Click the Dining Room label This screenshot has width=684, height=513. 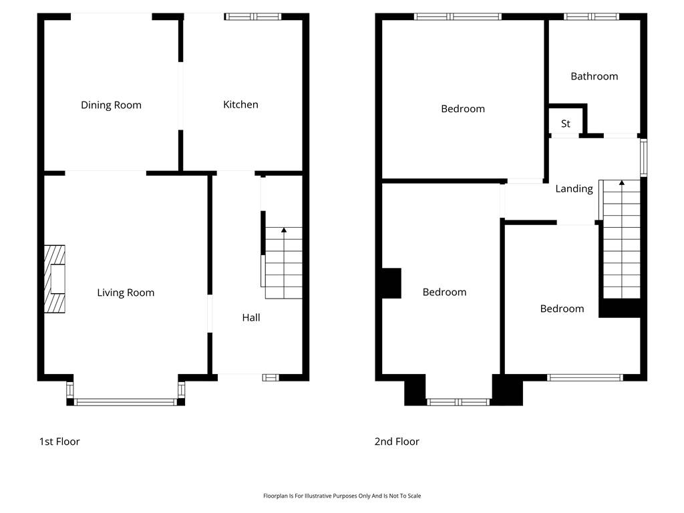click(112, 105)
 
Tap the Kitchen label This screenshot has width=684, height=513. click(240, 105)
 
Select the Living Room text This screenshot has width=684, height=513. click(126, 293)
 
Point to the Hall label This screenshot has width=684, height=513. click(251, 317)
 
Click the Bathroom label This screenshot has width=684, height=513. click(594, 76)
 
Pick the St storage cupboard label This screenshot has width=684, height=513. click(565, 124)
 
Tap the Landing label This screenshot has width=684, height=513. click(574, 189)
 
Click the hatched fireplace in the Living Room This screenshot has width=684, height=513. click(55, 279)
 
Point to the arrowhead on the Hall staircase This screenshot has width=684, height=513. click(284, 230)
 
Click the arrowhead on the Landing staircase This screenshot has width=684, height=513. click(622, 182)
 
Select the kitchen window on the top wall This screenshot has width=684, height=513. click(253, 17)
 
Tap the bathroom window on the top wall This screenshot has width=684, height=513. click(591, 17)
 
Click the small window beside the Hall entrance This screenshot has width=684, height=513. click(271, 378)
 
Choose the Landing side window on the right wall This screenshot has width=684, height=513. click(643, 158)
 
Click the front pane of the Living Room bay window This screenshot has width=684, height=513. click(126, 402)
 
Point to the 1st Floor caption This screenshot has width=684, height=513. click(59, 442)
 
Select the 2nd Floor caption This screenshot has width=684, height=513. click(397, 442)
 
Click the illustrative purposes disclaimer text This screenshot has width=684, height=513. click(342, 496)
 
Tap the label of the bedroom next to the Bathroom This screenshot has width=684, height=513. click(463, 109)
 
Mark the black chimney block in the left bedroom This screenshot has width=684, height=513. click(391, 283)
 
